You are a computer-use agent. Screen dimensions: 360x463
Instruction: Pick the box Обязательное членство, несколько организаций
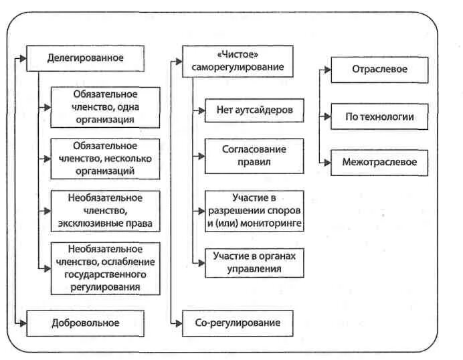105,159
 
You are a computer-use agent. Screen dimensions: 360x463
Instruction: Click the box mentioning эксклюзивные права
105,210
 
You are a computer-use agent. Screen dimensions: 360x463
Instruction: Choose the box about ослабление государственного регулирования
105,268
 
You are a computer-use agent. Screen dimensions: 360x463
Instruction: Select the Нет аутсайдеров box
254,108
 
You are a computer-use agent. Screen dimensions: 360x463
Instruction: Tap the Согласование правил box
254,155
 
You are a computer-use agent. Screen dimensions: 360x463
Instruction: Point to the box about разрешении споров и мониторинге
254,211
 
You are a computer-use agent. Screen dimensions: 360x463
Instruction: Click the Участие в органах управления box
254,262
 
